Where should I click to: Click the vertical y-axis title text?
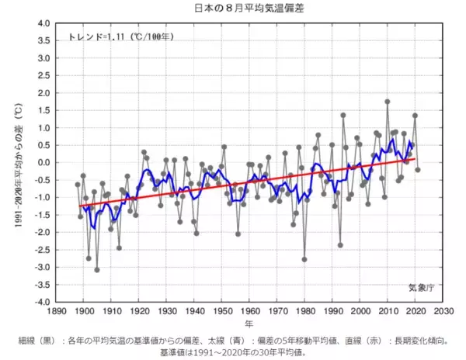(x=16, y=162)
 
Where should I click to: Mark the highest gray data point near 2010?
(x=387, y=102)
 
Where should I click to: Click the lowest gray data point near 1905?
(x=97, y=270)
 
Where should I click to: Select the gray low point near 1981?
(x=304, y=259)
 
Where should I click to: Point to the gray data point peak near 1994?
(x=343, y=115)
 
